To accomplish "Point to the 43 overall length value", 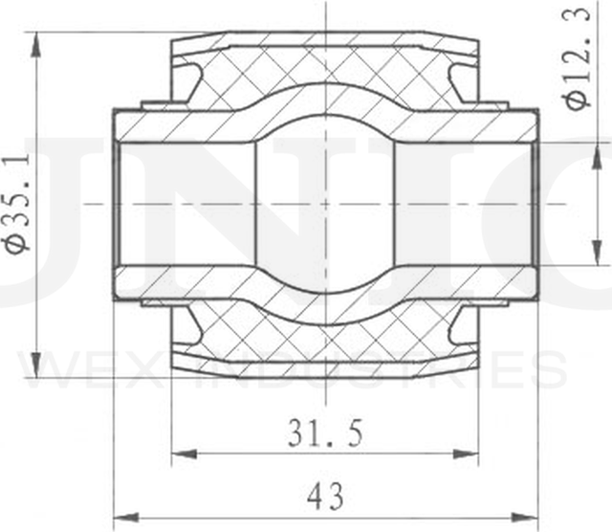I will click(326, 497).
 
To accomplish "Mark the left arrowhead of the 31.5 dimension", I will click(180, 453).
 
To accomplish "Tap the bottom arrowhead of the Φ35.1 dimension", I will click(35, 369).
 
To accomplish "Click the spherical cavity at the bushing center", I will click(325, 203).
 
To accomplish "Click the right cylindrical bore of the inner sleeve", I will click(464, 203).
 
